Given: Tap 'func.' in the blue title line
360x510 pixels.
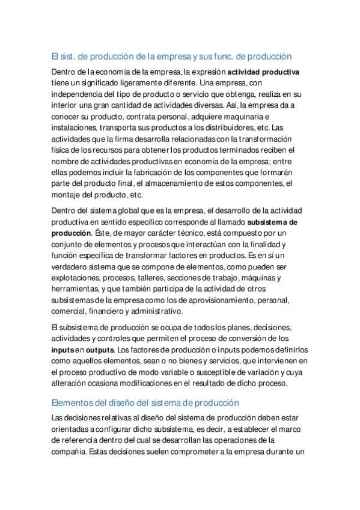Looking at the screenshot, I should pyautogui.click(x=233, y=57).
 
